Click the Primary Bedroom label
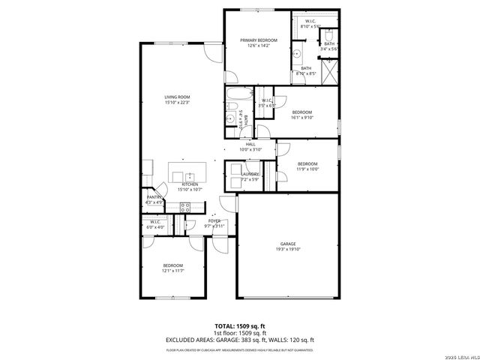pyautogui.click(x=258, y=40)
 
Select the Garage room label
pyautogui.click(x=288, y=244)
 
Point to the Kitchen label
pyautogui.click(x=189, y=184)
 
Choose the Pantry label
pyautogui.click(x=154, y=197)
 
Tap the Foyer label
pyautogui.click(x=214, y=220)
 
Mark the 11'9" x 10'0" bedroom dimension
pyautogui.click(x=307, y=169)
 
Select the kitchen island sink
pyautogui.click(x=178, y=176)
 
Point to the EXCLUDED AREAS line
pyautogui.click(x=240, y=340)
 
